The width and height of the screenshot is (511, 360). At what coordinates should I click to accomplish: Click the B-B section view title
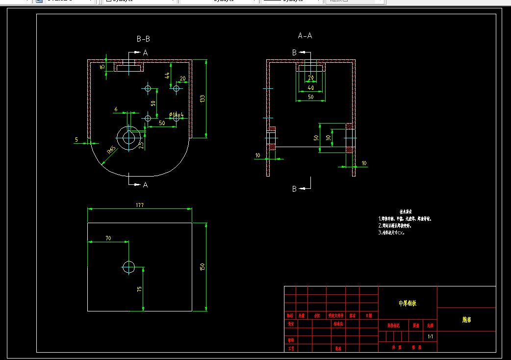[143, 38]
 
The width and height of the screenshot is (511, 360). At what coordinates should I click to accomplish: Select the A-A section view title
[305, 35]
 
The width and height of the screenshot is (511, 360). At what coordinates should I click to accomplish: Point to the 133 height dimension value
[202, 99]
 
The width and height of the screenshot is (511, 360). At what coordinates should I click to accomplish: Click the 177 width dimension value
[140, 205]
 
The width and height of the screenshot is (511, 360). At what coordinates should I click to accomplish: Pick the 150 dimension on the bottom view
[202, 267]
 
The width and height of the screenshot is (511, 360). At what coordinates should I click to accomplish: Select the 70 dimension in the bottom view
[108, 238]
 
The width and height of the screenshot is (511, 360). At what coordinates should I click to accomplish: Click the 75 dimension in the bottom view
[140, 289]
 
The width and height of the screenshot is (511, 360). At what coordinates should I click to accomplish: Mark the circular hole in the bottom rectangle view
[128, 267]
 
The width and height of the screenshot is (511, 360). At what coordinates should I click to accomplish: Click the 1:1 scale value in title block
[430, 337]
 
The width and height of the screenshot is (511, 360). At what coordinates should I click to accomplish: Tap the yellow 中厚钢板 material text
[408, 304]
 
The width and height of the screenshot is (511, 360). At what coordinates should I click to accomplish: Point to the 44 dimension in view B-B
[167, 76]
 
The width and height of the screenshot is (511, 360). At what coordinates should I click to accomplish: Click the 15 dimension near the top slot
[102, 66]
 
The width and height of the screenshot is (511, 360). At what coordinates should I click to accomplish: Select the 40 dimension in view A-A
[310, 87]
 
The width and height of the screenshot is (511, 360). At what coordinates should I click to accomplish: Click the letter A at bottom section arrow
[145, 185]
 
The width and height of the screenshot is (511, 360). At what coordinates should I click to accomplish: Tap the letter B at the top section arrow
[294, 52]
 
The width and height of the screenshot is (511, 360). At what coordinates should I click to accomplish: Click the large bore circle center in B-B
[129, 137]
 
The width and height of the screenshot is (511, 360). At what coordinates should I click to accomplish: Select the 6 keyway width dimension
[116, 109]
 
